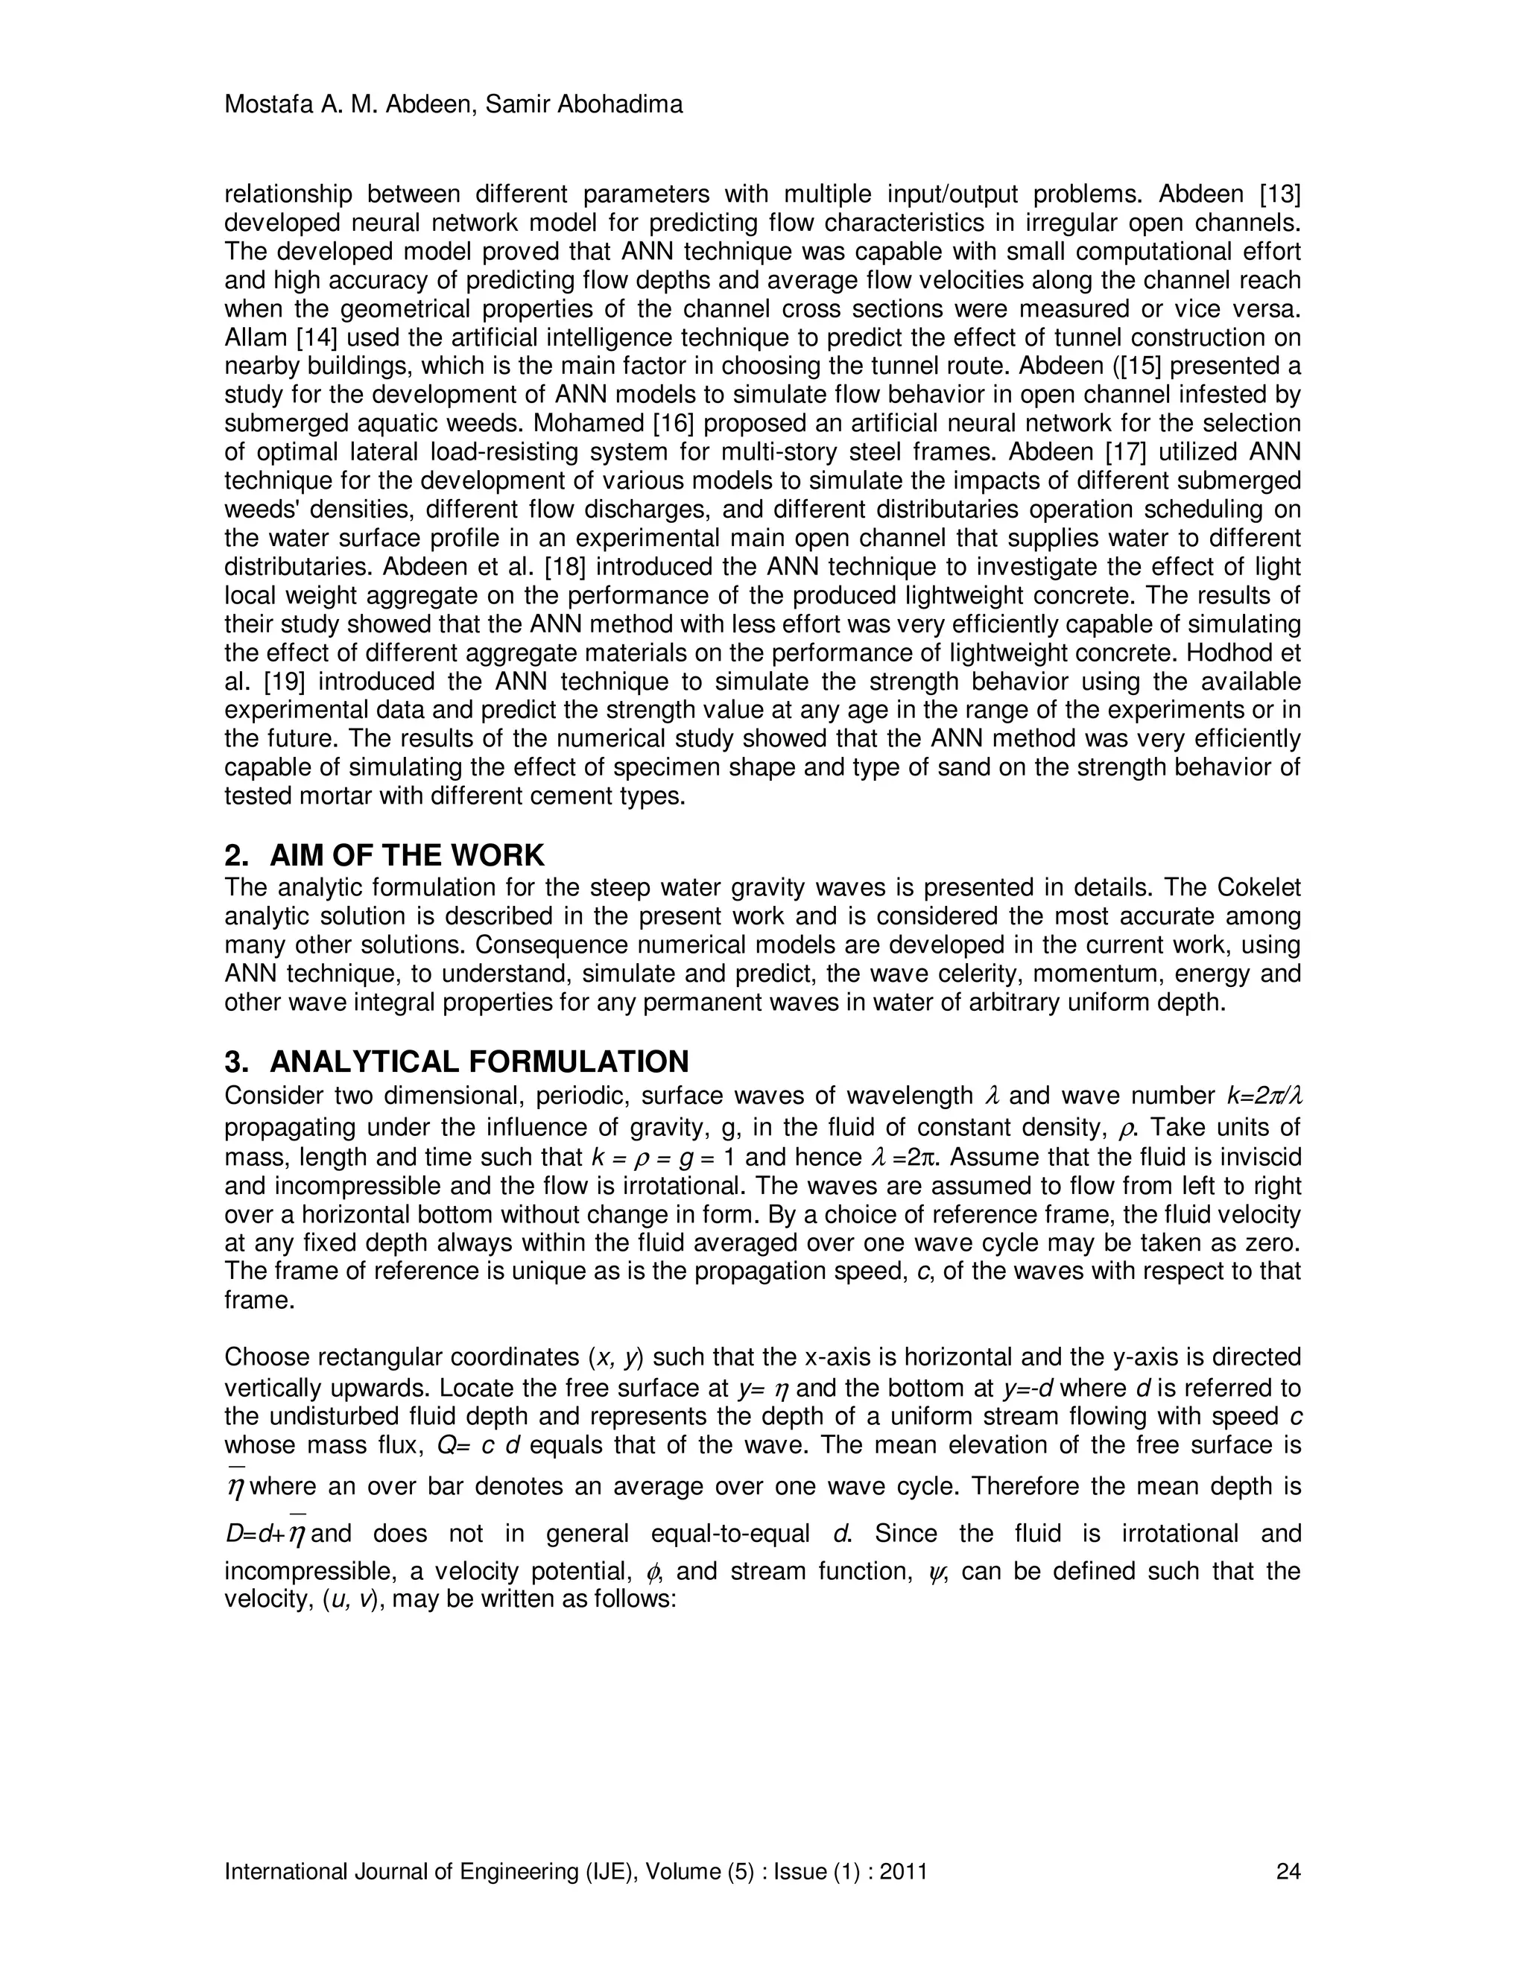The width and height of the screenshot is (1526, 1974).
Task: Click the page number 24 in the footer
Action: [x=1288, y=1871]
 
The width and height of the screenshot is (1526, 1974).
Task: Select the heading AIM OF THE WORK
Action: [x=407, y=854]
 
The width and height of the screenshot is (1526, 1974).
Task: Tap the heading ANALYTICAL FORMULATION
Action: [x=479, y=1060]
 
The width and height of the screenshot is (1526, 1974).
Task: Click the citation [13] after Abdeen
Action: [x=1279, y=194]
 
